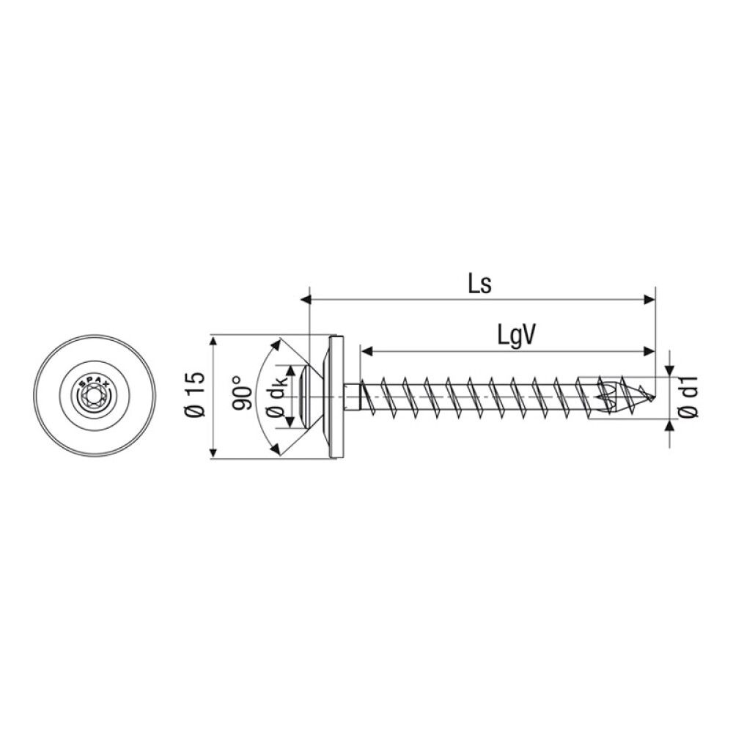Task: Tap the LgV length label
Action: [517, 336]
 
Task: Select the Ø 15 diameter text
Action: [195, 397]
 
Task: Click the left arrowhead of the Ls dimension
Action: [307, 299]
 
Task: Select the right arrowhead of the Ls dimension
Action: [649, 299]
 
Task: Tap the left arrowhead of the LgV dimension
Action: [366, 351]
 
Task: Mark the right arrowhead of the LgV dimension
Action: [649, 351]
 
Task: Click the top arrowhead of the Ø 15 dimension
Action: [213, 341]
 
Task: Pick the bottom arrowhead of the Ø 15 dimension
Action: [213, 454]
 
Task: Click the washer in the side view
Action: [337, 397]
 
